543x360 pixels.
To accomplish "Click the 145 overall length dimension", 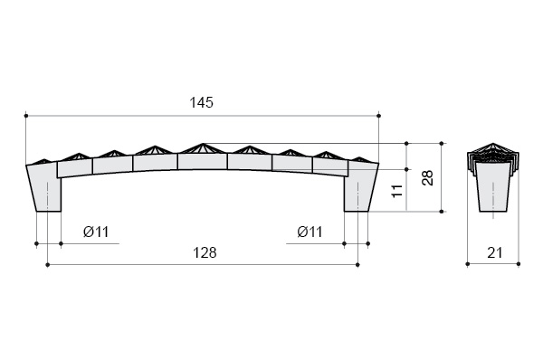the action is pyautogui.click(x=202, y=102).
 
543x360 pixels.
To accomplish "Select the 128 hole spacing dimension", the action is pyautogui.click(x=205, y=252).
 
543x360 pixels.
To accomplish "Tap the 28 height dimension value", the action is pyautogui.click(x=428, y=178).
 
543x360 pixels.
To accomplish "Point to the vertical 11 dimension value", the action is pyautogui.click(x=397, y=191).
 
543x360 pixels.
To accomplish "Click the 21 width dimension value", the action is pyautogui.click(x=494, y=253).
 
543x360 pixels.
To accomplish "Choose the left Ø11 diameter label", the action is pyautogui.click(x=96, y=232).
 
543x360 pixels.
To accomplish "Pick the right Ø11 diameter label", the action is pyautogui.click(x=310, y=232).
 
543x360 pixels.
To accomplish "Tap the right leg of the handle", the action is pyautogui.click(x=361, y=187).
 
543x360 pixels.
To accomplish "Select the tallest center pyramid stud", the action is pyautogui.click(x=203, y=148).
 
